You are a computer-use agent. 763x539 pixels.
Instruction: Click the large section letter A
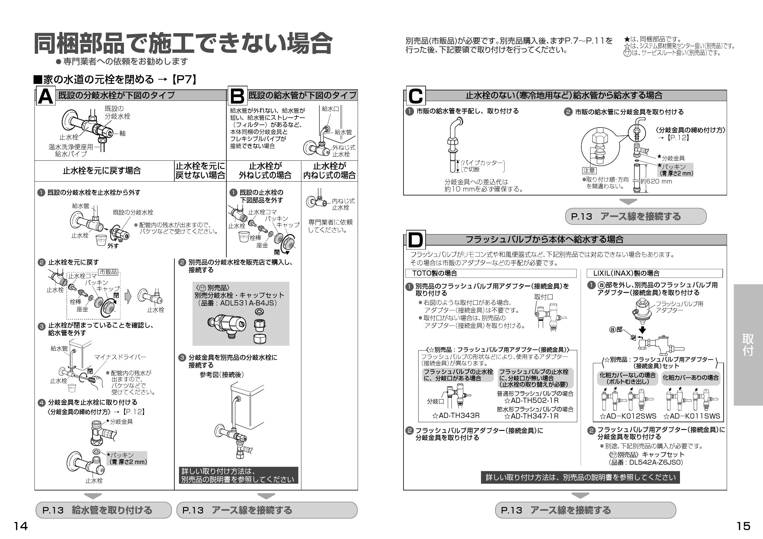tap(45, 96)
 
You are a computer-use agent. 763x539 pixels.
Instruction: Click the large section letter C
tap(415, 96)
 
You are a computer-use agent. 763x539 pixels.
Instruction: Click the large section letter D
tap(415, 240)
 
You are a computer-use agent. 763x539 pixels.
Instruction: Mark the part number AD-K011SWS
tap(692, 416)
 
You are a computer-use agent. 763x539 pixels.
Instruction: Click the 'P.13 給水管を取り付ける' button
tap(103, 510)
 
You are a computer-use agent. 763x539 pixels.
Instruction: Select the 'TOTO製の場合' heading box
tap(491, 273)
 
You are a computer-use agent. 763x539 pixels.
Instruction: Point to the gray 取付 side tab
tap(748, 345)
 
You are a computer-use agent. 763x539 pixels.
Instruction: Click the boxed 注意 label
tap(589, 171)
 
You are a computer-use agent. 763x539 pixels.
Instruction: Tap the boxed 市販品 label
tap(108, 272)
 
